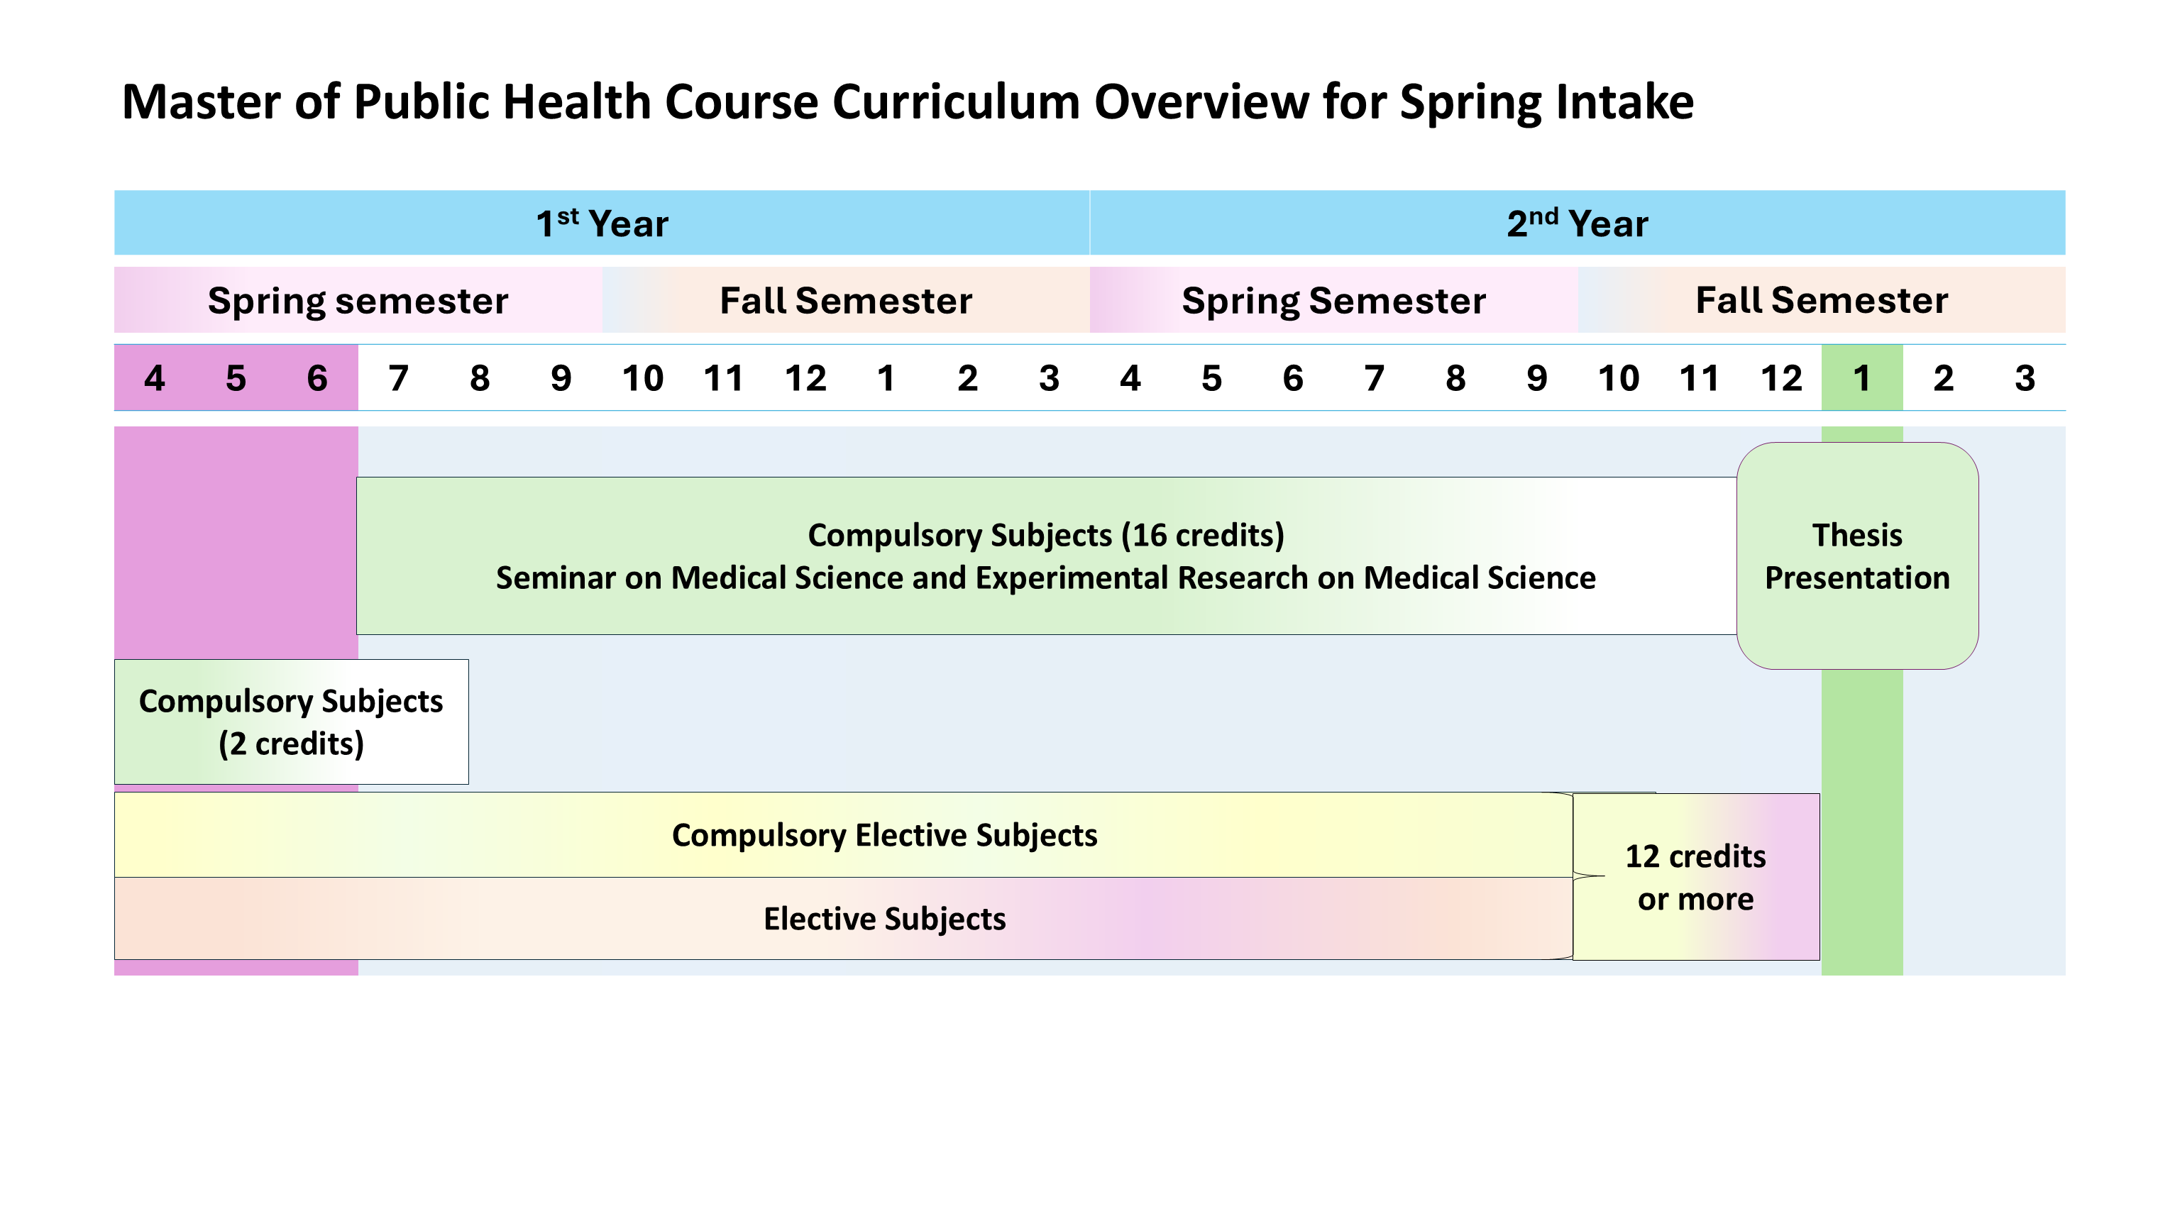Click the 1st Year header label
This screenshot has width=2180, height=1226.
(602, 223)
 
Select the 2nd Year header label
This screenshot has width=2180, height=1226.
(1577, 223)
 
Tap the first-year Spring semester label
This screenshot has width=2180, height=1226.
(358, 300)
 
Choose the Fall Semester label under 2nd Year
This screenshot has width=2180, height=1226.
(1821, 300)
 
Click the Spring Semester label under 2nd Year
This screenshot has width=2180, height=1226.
(1333, 300)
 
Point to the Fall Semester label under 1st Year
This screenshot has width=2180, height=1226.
(845, 300)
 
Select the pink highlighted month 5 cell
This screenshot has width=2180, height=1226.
(236, 378)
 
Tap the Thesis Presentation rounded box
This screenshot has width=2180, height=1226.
(1856, 556)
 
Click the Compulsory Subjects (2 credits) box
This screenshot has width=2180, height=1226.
(291, 722)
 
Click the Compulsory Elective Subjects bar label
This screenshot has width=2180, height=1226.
(884, 835)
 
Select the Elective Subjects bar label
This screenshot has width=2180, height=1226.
(884, 919)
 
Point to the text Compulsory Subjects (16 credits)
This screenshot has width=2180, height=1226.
(1046, 535)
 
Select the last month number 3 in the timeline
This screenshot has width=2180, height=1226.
(2025, 378)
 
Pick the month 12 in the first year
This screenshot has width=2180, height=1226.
(805, 378)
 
